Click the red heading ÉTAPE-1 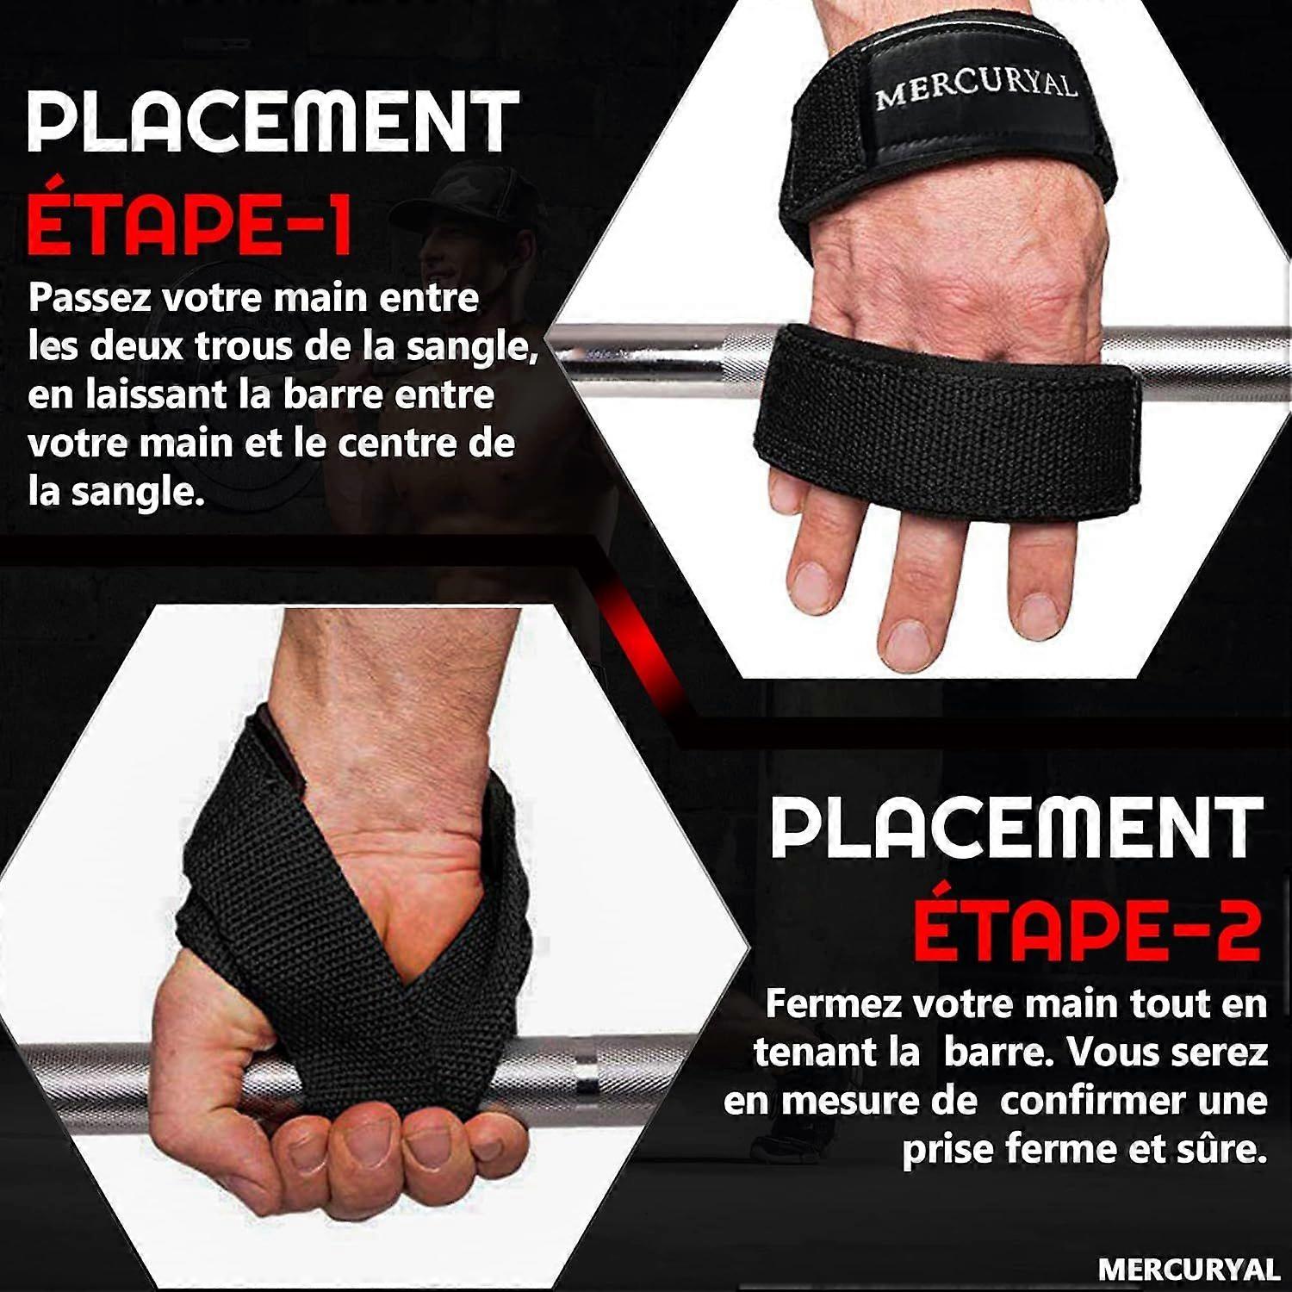click(x=189, y=224)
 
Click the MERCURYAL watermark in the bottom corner click(x=1189, y=1270)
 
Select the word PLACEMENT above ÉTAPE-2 click(x=1016, y=827)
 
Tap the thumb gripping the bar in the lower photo click(x=224, y=1059)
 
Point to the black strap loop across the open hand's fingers click(x=947, y=405)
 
